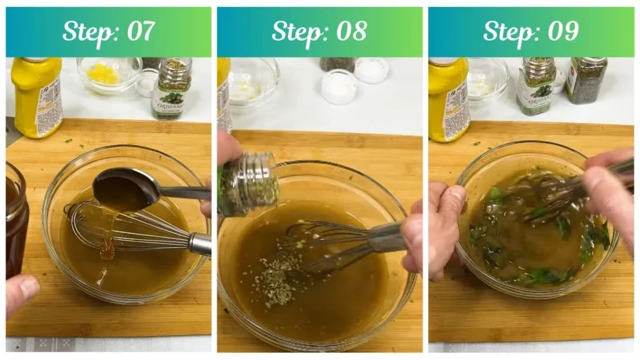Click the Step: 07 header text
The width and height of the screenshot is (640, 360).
click(108, 31)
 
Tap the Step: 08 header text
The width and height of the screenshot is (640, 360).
click(319, 31)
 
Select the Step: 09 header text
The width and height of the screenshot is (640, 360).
click(531, 31)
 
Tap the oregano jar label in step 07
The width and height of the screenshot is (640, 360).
click(170, 101)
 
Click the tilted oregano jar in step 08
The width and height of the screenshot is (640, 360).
click(249, 185)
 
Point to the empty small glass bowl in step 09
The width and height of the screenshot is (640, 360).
click(487, 78)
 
